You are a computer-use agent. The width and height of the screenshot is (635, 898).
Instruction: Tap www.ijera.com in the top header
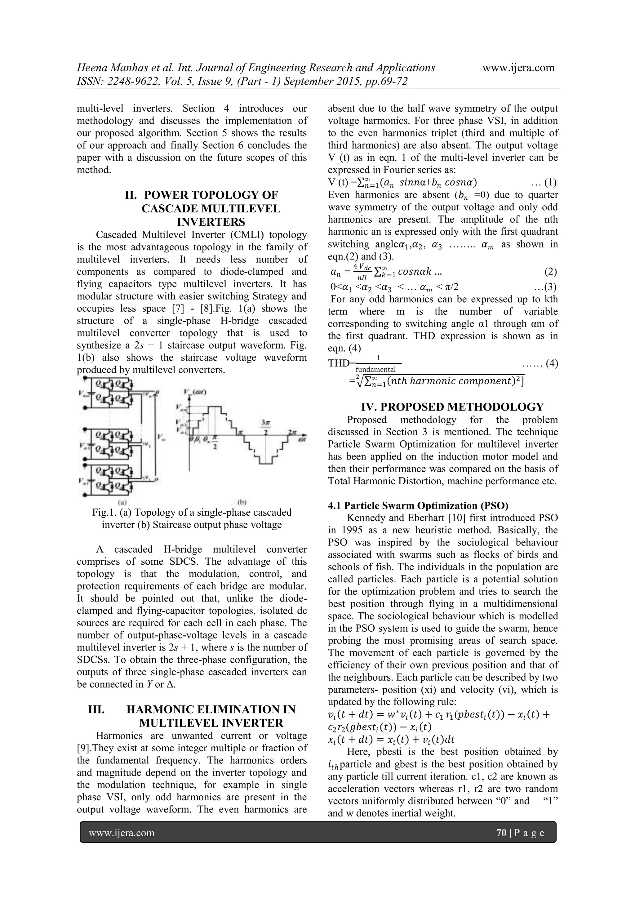(x=518, y=68)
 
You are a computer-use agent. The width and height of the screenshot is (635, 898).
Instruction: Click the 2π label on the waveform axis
(x=292, y=432)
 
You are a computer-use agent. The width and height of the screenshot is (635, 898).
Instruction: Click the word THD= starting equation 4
(x=340, y=363)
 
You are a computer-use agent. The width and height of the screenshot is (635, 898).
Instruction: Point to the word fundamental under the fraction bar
(x=376, y=370)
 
